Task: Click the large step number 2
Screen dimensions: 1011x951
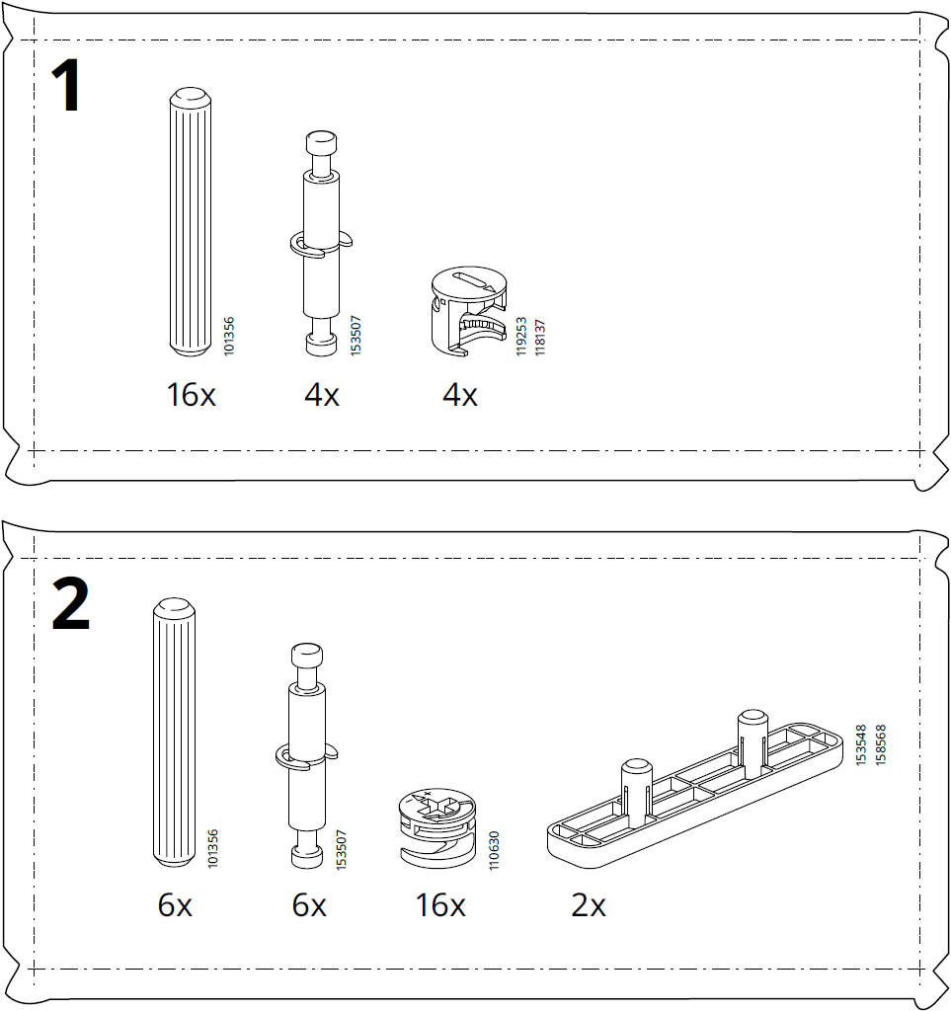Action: pyautogui.click(x=70, y=603)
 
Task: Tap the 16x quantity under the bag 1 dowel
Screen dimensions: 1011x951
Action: pyautogui.click(x=191, y=396)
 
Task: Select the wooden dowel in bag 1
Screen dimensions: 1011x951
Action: pyautogui.click(x=190, y=222)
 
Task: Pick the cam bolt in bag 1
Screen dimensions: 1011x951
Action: pyautogui.click(x=320, y=242)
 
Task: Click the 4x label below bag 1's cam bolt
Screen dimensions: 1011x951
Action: pyautogui.click(x=321, y=396)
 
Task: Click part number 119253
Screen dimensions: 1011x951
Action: pyautogui.click(x=521, y=336)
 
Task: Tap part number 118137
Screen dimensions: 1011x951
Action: pyautogui.click(x=540, y=336)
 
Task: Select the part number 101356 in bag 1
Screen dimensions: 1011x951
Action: pyautogui.click(x=229, y=335)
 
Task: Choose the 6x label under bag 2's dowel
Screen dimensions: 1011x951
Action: pyautogui.click(x=175, y=904)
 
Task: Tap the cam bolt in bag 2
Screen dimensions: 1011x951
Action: pyautogui.click(x=305, y=755)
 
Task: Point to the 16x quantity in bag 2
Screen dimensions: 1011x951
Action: pyautogui.click(x=440, y=904)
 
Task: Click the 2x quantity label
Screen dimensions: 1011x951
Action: pyautogui.click(x=589, y=904)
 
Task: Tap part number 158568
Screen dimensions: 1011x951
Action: pyautogui.click(x=880, y=745)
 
